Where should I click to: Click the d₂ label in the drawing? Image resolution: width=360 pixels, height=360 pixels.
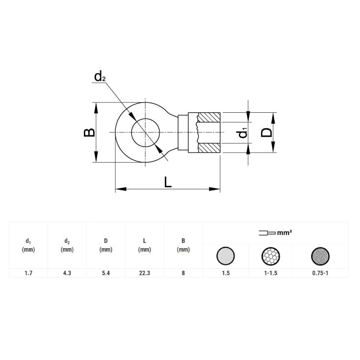click(x=100, y=77)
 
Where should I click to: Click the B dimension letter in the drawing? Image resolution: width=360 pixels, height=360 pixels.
click(x=89, y=132)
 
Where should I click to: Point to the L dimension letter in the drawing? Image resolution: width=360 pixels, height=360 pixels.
click(x=168, y=182)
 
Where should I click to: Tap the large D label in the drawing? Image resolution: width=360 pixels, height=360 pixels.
click(x=266, y=132)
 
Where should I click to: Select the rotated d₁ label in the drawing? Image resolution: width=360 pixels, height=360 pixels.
click(x=242, y=133)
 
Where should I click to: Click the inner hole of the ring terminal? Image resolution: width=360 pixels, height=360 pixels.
click(x=145, y=132)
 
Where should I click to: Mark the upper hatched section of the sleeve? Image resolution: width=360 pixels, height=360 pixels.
click(x=209, y=117)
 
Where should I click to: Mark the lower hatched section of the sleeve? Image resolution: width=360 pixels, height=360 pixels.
click(x=209, y=148)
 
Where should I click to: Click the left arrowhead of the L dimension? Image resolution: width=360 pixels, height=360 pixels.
click(x=121, y=189)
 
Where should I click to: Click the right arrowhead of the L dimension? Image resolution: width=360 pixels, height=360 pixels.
click(x=214, y=189)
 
